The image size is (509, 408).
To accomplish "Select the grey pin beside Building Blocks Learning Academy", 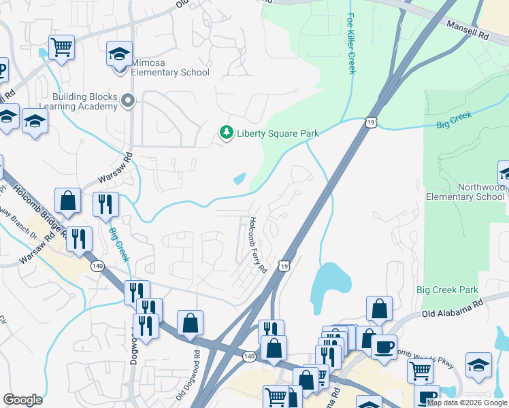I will click(x=127, y=102).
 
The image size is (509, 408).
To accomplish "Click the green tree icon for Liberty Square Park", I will click(x=225, y=133).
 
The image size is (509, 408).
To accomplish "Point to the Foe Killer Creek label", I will click(x=351, y=44).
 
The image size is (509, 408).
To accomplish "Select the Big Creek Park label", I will click(x=448, y=290).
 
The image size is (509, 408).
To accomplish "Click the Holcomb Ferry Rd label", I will click(x=257, y=245).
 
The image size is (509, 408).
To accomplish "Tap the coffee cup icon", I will click(x=384, y=346).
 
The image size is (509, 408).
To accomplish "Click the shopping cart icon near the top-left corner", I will click(x=61, y=48).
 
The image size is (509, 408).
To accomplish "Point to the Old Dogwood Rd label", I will click(x=188, y=374).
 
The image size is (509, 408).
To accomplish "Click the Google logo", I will click(x=22, y=400).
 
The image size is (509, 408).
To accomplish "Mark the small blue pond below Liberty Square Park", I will click(x=240, y=180).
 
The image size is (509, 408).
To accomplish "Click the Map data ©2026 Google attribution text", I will click(x=467, y=403).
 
